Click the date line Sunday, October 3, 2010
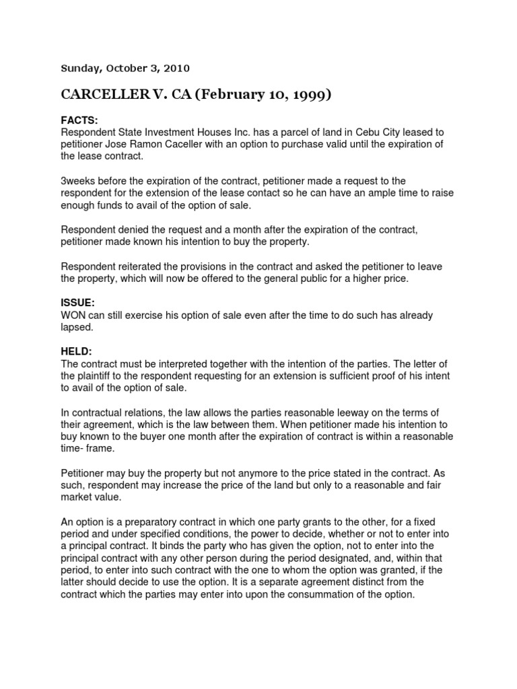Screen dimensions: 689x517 click(126, 68)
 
